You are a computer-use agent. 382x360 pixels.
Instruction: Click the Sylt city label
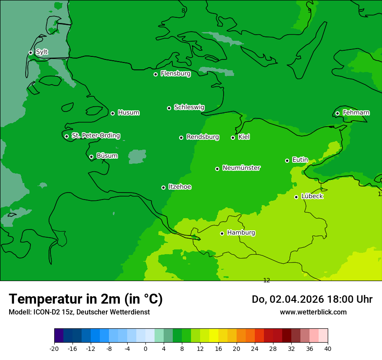click(x=42, y=52)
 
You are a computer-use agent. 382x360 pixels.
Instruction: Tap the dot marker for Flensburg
click(x=155, y=74)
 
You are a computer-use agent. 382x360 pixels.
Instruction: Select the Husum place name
click(x=128, y=113)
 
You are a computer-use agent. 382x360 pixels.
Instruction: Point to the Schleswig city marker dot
click(x=169, y=108)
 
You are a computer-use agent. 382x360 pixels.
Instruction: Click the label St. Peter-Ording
click(x=95, y=136)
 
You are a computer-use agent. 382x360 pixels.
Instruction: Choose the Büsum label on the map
click(x=107, y=156)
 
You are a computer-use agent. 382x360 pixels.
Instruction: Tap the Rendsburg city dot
click(x=181, y=137)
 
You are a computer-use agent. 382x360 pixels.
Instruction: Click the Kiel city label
click(x=244, y=137)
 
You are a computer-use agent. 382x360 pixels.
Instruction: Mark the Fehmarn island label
click(x=356, y=113)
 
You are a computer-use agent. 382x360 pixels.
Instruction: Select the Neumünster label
click(x=241, y=168)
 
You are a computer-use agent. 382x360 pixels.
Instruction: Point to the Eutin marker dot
click(x=287, y=160)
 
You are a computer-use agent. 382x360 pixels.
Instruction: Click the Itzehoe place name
click(x=180, y=187)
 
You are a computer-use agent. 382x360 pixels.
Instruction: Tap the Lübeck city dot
click(x=296, y=197)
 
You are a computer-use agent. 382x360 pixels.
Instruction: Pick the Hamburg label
click(x=241, y=233)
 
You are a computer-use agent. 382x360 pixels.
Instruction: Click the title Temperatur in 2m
click(x=86, y=299)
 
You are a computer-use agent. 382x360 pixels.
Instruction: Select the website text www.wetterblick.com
click(x=313, y=312)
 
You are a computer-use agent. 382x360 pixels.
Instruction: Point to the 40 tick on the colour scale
click(x=327, y=348)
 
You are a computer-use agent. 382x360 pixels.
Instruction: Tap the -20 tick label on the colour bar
click(x=54, y=348)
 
